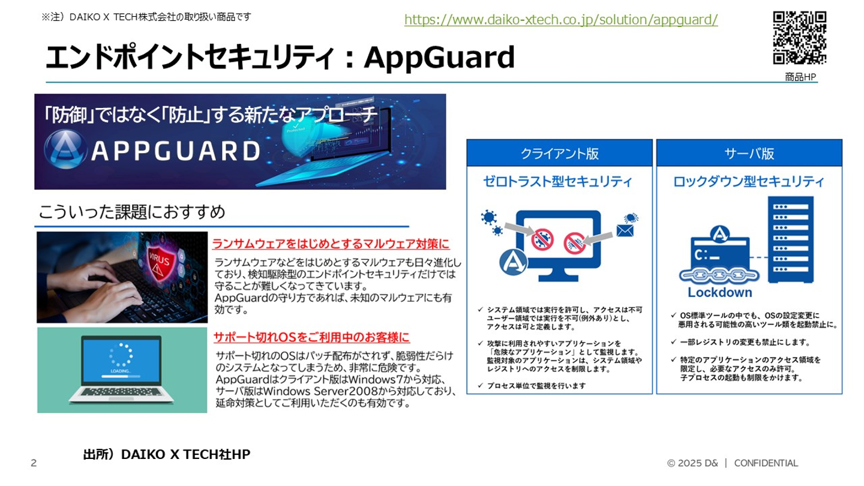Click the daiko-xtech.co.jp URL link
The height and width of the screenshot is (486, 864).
[561, 20]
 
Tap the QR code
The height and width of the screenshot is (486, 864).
[800, 38]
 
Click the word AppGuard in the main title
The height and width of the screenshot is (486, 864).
[439, 58]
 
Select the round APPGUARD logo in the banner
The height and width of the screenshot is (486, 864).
[65, 149]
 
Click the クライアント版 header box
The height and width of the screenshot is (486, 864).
[559, 153]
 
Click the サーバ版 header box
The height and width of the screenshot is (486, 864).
[749, 153]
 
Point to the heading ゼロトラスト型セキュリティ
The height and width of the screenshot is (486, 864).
[558, 181]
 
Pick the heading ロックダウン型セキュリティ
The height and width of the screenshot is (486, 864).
[749, 181]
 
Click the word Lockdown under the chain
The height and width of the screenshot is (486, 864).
[720, 292]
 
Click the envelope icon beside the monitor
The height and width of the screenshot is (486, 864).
[625, 230]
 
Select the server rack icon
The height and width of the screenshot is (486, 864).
[791, 239]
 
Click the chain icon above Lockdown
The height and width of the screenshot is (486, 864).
[719, 275]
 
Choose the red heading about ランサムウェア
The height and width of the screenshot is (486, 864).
[331, 244]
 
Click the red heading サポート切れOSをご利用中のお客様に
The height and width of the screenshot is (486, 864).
[311, 337]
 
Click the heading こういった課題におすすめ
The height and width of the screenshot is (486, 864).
[132, 212]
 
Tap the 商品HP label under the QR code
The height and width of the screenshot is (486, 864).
[800, 77]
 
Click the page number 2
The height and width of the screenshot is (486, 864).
[34, 463]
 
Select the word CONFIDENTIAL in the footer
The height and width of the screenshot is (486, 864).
[766, 463]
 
